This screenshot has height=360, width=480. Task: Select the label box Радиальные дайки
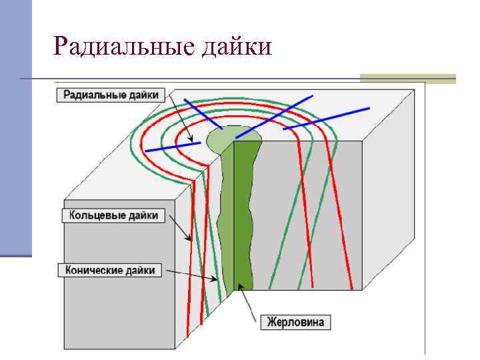pos(111,95)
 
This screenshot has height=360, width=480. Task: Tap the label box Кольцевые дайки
pos(113,215)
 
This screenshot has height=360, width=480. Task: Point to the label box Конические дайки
pos(110,270)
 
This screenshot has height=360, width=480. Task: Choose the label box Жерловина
pos(295,322)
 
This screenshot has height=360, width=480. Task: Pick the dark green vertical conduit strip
pos(244,213)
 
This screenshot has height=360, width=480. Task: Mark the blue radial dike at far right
pos(327,118)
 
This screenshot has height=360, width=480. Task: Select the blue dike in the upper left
pos(203,113)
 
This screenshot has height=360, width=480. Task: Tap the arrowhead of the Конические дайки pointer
pos(216,280)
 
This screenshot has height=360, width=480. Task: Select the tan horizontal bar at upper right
pos(407,78)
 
